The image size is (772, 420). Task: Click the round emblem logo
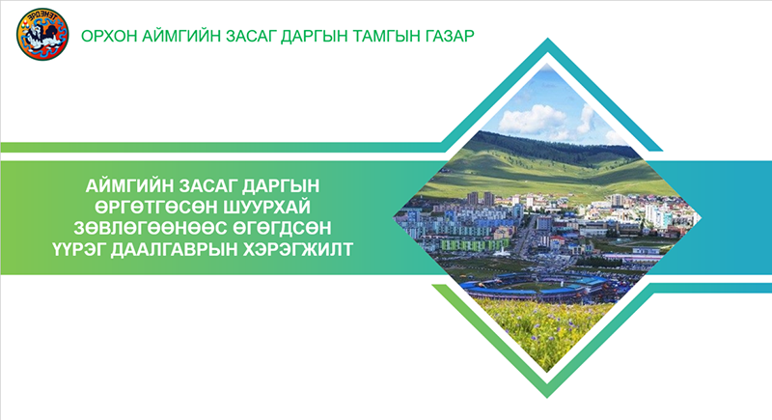tap(41, 34)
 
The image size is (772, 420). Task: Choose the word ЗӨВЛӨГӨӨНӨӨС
tap(147, 228)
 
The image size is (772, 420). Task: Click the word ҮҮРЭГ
tap(79, 250)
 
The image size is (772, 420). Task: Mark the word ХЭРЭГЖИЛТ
tap(299, 250)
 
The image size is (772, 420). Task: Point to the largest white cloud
tap(533, 119)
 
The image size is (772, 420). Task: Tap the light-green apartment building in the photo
tap(474, 244)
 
